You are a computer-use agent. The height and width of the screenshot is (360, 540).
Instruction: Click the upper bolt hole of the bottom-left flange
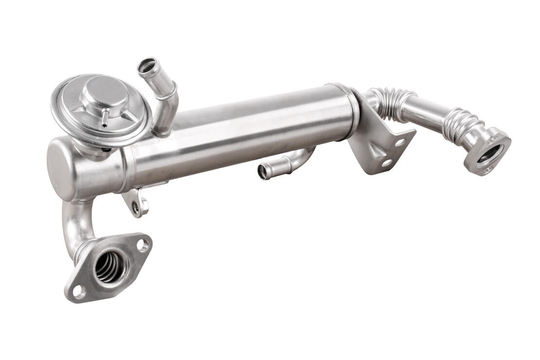(143, 245)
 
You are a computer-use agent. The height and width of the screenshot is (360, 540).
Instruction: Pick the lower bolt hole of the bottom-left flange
(78, 292)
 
